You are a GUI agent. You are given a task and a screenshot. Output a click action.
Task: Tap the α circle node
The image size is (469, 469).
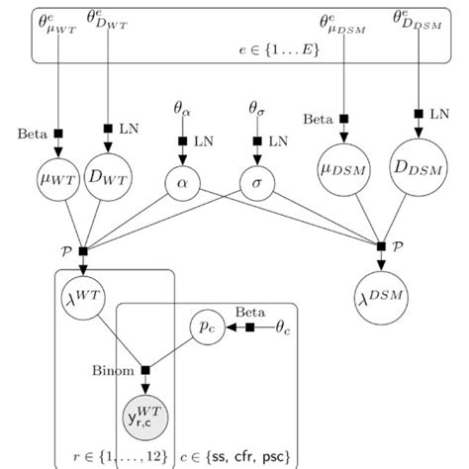pos(182,185)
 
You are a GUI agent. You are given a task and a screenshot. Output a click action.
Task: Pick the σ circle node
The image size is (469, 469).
pos(257,185)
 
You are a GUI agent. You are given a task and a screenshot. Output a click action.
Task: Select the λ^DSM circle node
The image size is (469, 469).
pos(382,294)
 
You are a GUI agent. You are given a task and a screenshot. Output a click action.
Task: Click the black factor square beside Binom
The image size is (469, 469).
pos(144,371)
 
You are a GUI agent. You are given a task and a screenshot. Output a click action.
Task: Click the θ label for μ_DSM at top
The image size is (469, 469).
pos(343,22)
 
